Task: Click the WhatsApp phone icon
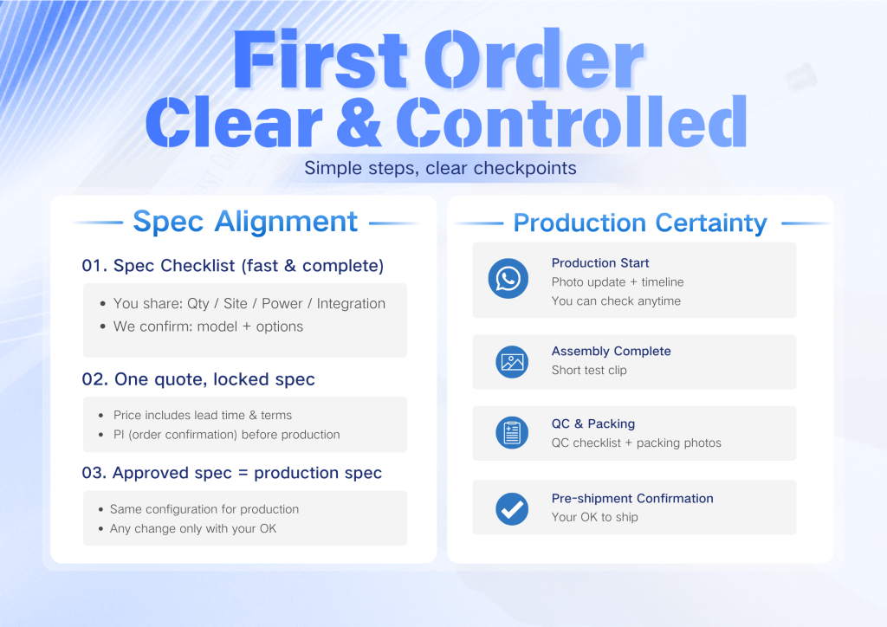[x=508, y=279]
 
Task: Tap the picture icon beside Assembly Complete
[x=512, y=362]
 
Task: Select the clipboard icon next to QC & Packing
[x=512, y=433]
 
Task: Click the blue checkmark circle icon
[x=512, y=509]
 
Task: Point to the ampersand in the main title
[x=359, y=121]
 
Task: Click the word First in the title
[x=320, y=60]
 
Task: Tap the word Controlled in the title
[x=572, y=121]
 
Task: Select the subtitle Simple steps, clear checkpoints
[x=440, y=168]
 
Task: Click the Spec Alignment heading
[x=245, y=221]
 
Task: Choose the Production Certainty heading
[x=640, y=223]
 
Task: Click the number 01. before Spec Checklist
[x=94, y=266]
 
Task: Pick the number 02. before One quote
[x=95, y=379]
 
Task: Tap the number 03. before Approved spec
[x=94, y=473]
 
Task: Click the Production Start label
[x=600, y=263]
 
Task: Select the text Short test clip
[x=589, y=371]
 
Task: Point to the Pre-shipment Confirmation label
[x=632, y=499]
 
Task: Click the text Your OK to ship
[x=594, y=517]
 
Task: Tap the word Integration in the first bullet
[x=351, y=304]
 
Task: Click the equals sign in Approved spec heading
[x=243, y=473]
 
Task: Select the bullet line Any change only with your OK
[x=193, y=528]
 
